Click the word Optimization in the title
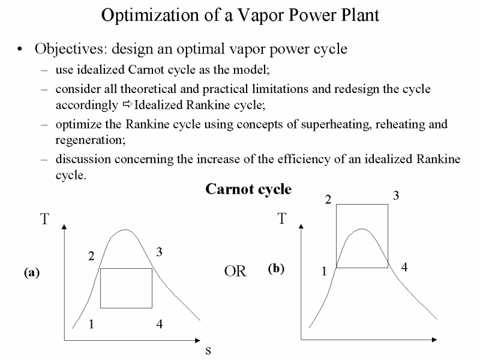150,16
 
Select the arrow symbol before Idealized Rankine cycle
127,104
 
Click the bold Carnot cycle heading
248,189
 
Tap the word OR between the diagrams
235,271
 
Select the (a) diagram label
32,272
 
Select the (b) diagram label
276,268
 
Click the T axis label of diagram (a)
44,219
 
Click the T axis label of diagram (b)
282,218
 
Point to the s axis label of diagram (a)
208,350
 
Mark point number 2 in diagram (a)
91,256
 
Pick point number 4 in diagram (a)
160,324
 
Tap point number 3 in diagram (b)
396,196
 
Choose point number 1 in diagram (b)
324,271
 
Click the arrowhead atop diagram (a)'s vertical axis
64,226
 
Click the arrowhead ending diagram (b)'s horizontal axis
434,340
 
